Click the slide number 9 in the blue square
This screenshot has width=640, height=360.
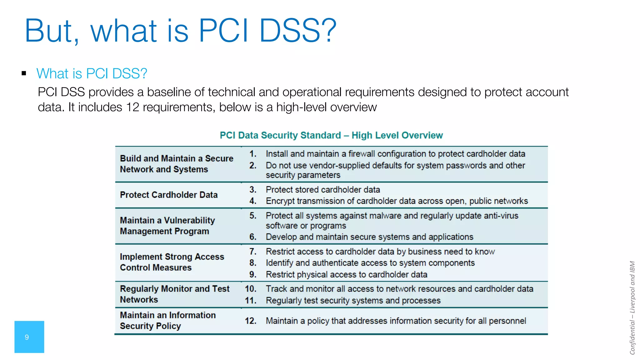[27, 337]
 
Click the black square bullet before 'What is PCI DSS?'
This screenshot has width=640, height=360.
[24, 73]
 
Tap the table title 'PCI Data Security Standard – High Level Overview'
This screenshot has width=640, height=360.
[331, 135]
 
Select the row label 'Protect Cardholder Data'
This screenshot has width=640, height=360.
[169, 195]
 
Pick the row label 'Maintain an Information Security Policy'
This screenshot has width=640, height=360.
[167, 320]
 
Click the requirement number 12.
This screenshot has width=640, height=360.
[250, 321]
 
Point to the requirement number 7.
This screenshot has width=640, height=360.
[253, 252]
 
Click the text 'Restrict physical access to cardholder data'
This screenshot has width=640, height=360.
[346, 274]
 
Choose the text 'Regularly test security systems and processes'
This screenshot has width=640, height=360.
[353, 300]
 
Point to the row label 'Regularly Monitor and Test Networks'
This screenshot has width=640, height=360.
[174, 294]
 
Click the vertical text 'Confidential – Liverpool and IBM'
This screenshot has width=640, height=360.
[632, 308]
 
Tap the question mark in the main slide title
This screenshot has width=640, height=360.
[328, 30]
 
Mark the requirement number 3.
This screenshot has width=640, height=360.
[253, 190]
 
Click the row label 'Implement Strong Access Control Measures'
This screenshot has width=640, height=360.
[172, 262]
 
